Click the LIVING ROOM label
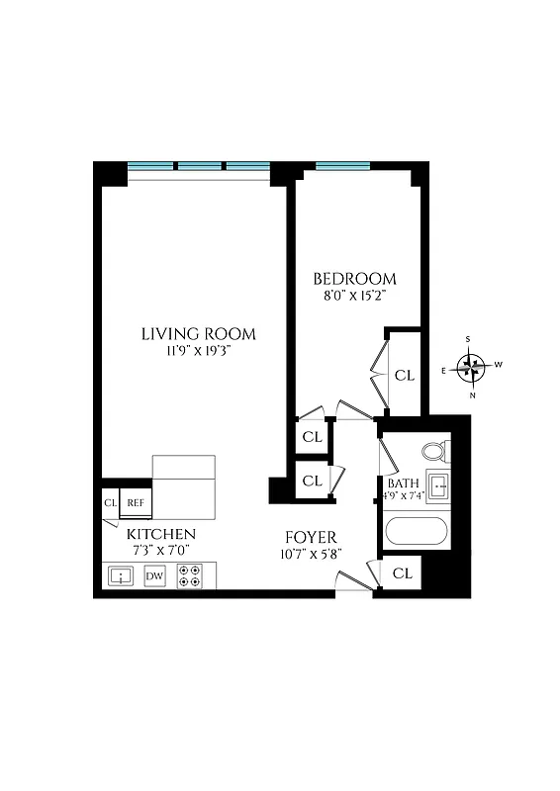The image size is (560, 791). coord(198,333)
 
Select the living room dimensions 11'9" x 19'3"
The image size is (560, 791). coord(198,351)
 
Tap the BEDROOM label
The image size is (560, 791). coord(354,279)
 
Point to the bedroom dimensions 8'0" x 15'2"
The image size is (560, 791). coord(354,296)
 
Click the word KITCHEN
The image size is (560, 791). coord(152,534)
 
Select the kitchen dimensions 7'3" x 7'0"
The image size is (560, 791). coord(152,550)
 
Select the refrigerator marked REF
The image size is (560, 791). coord(136,503)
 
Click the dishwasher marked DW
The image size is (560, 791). coord(154,575)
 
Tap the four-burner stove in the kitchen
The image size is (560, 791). coord(189,575)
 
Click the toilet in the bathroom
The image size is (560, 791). coord(434,452)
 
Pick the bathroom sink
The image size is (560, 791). coord(441,485)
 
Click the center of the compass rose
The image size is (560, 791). coord(474,368)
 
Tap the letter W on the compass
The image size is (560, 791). coord(499,365)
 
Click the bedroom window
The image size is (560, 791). coord(342,165)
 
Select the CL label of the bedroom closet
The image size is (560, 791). coord(405,376)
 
